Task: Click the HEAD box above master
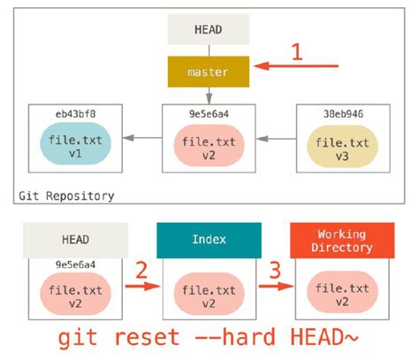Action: coord(209,29)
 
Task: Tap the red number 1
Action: coord(298,51)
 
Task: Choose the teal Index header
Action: coord(209,240)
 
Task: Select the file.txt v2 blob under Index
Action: coord(209,295)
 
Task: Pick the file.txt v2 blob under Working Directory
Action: coord(342,295)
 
